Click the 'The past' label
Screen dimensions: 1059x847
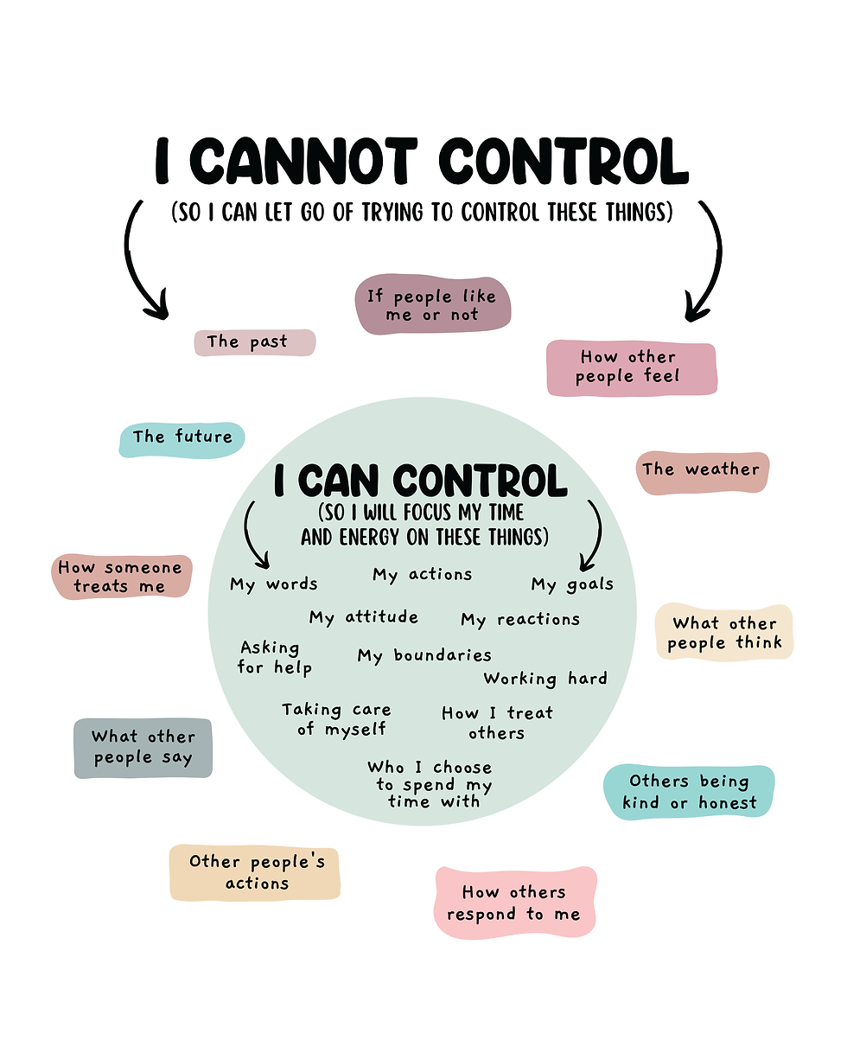coord(254,342)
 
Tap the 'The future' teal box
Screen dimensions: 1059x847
coord(181,438)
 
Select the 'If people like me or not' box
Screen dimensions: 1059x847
coord(432,305)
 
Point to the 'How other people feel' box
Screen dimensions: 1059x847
coord(630,367)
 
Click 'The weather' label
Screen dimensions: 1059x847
coord(701,470)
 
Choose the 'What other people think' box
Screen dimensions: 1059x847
coord(724,633)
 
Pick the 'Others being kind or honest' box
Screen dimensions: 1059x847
coord(689,792)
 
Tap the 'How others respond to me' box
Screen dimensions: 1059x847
coord(514,903)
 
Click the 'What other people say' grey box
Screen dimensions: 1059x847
coord(143,748)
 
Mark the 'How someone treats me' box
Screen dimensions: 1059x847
coord(120,577)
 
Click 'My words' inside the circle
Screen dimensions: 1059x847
coord(274,585)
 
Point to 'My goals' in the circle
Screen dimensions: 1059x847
coord(571,585)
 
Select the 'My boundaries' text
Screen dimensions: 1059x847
coord(424,656)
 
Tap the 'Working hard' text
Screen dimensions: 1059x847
coord(545,679)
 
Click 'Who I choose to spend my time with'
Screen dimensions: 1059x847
coord(430,784)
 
